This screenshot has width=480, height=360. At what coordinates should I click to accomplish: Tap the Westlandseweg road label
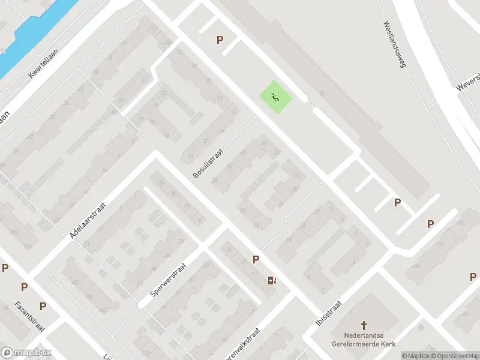click(395, 44)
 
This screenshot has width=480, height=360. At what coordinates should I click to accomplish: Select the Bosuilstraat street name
click(208, 164)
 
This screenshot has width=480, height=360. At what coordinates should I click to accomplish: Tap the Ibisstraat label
click(328, 314)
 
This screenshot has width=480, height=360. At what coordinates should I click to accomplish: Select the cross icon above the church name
click(364, 323)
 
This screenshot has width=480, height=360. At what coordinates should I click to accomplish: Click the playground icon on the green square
click(276, 97)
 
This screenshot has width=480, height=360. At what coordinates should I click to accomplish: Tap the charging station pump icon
click(272, 280)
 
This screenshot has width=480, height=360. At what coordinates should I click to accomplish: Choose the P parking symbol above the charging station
click(256, 259)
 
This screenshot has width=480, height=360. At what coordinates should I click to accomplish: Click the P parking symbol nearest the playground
click(220, 40)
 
